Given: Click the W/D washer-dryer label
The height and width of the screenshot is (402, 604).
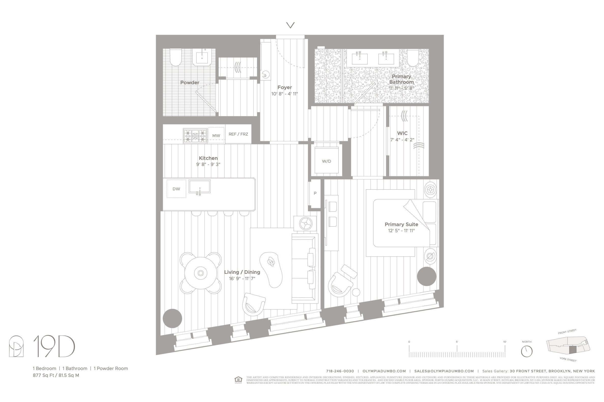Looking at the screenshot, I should click(x=326, y=161).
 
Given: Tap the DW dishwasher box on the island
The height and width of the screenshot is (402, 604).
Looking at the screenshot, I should click(x=176, y=189).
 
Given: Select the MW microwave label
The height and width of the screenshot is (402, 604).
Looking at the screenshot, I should click(x=216, y=136).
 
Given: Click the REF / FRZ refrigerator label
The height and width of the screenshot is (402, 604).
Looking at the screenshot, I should click(x=238, y=134).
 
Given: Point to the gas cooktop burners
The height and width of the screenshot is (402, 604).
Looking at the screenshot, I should click(x=195, y=136).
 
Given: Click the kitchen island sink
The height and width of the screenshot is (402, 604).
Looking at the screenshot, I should click(x=200, y=187).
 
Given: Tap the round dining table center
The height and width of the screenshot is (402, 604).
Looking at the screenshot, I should click(x=201, y=273).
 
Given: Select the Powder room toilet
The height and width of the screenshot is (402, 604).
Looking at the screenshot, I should click(x=176, y=57).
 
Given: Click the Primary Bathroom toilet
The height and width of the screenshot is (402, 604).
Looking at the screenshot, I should click(x=413, y=57).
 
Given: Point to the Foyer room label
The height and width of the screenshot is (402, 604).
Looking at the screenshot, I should click(x=284, y=87).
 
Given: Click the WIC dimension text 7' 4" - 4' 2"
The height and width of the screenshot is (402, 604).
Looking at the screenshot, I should click(x=402, y=140).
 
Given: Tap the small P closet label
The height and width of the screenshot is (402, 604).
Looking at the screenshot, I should click(x=315, y=193).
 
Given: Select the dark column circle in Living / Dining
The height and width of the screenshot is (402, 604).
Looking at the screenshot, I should click(x=172, y=319).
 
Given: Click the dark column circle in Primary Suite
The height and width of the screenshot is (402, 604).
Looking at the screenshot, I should click(x=427, y=276).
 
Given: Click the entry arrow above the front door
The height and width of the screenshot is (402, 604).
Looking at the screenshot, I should click(x=291, y=25).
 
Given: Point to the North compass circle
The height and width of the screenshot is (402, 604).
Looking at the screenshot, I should click(x=526, y=351).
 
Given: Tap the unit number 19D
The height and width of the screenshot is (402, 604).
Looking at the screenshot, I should click(x=54, y=346).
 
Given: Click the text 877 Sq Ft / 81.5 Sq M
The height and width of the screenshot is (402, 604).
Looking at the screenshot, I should click(x=56, y=375).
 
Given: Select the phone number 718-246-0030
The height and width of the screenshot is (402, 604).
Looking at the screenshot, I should click(x=340, y=371).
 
